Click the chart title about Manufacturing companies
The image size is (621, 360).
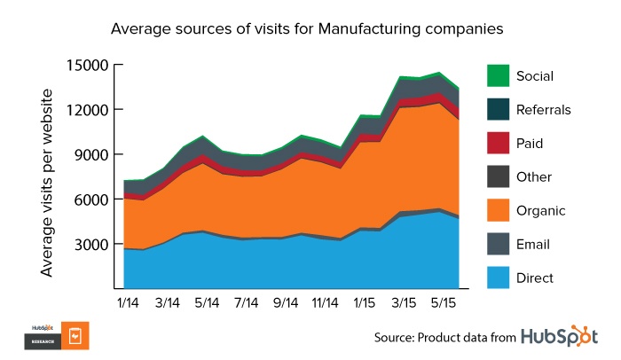pos(307,28)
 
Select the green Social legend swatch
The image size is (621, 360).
pos(499,75)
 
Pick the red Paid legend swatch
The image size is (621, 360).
pos(499,143)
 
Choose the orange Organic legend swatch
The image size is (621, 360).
pos(499,210)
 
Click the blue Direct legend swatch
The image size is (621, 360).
pos(499,278)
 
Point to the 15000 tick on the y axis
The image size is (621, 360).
pos(87,65)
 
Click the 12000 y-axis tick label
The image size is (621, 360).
pos(87,110)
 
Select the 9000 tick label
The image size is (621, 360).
pos(90,154)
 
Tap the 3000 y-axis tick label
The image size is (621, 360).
pos(90,245)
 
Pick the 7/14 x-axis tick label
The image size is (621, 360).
pos(245,302)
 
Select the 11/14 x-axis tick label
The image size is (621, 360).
pos(325,302)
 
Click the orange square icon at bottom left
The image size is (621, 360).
pos(75,336)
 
